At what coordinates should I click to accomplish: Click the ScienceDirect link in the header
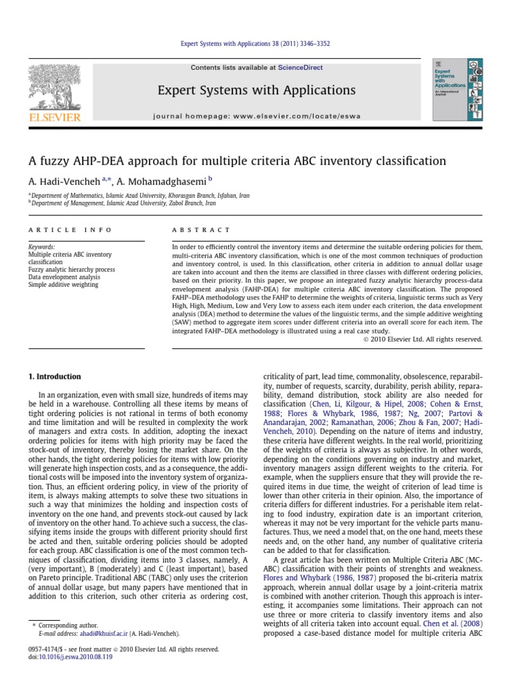pos(297,68)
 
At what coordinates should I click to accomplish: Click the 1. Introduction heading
pos(54,376)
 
